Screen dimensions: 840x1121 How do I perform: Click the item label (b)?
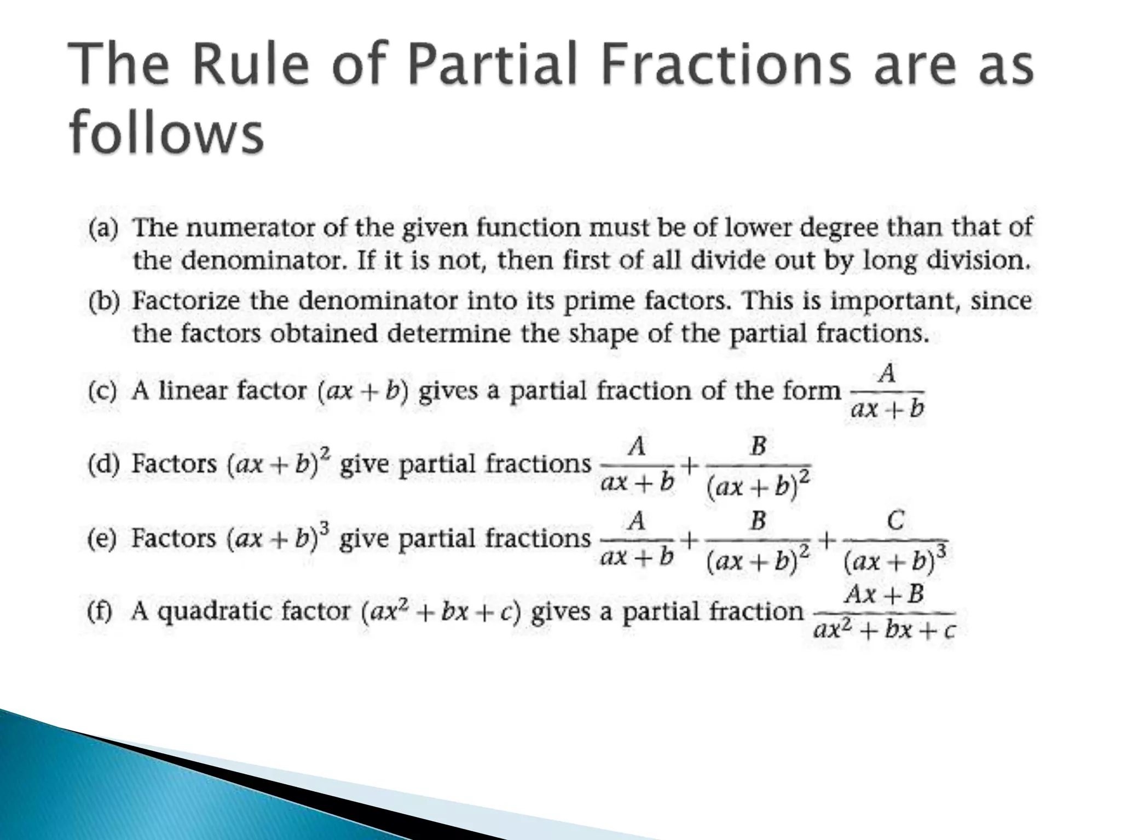103,302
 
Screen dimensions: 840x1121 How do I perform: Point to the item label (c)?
102,392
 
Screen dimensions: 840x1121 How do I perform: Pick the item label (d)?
103,465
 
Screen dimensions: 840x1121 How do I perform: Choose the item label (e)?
102,539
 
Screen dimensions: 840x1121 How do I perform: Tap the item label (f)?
100,611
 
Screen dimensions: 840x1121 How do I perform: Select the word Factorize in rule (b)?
186,301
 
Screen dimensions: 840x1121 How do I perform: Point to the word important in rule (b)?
892,302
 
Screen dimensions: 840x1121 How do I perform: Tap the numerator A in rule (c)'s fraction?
887,374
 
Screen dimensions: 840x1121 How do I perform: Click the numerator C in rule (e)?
895,520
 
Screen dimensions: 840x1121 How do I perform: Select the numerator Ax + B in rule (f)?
884,594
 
